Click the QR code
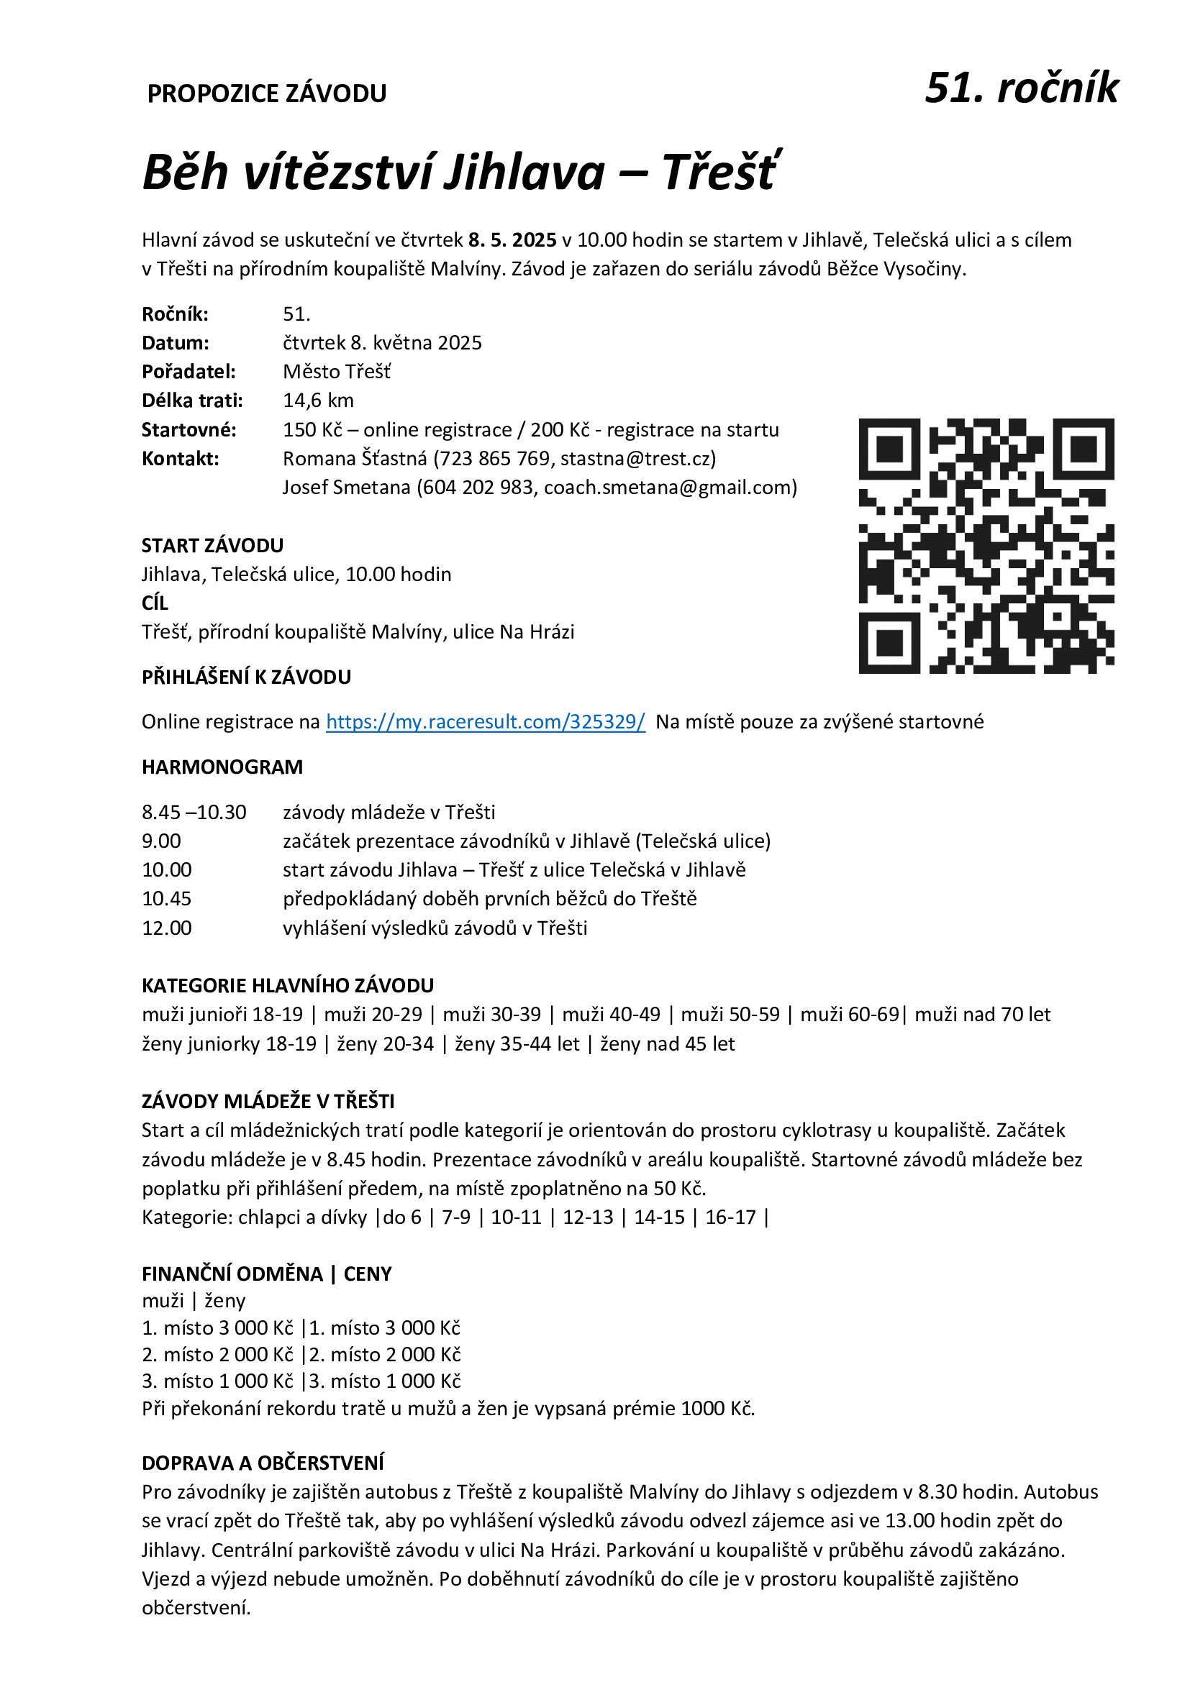[986, 546]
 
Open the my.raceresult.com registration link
[485, 721]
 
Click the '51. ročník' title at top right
[1021, 88]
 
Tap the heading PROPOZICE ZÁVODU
[267, 93]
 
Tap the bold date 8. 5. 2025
[512, 240]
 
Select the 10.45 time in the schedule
[166, 899]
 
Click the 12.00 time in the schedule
[166, 928]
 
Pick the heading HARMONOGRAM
[222, 767]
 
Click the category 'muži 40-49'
[611, 1015]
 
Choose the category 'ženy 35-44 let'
[517, 1044]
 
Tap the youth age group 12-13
[588, 1217]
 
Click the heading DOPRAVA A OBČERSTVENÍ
[263, 1463]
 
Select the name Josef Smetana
[346, 487]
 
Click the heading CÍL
[155, 603]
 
